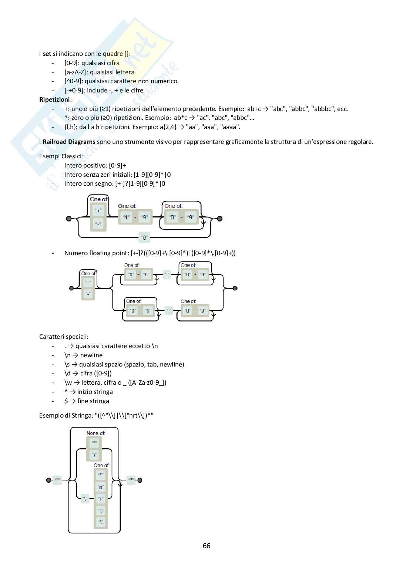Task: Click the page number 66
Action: [x=206, y=546]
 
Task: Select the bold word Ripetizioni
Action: [x=55, y=99]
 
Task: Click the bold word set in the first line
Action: [x=47, y=54]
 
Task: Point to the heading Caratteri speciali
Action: [x=64, y=337]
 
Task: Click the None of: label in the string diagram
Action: [x=95, y=433]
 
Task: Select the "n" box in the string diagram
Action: [x=100, y=487]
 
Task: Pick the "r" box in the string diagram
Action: [x=100, y=499]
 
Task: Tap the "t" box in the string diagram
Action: [x=100, y=510]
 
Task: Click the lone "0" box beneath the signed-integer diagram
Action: [x=144, y=238]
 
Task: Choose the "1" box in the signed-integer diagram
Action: [x=126, y=217]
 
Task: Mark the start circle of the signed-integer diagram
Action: [x=68, y=219]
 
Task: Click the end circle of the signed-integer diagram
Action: [x=220, y=219]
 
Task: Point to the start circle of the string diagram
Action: [x=48, y=480]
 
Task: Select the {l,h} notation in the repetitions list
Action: [x=70, y=127]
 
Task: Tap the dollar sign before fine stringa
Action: [x=66, y=401]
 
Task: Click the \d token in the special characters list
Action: [x=67, y=373]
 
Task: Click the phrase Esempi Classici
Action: [x=61, y=156]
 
